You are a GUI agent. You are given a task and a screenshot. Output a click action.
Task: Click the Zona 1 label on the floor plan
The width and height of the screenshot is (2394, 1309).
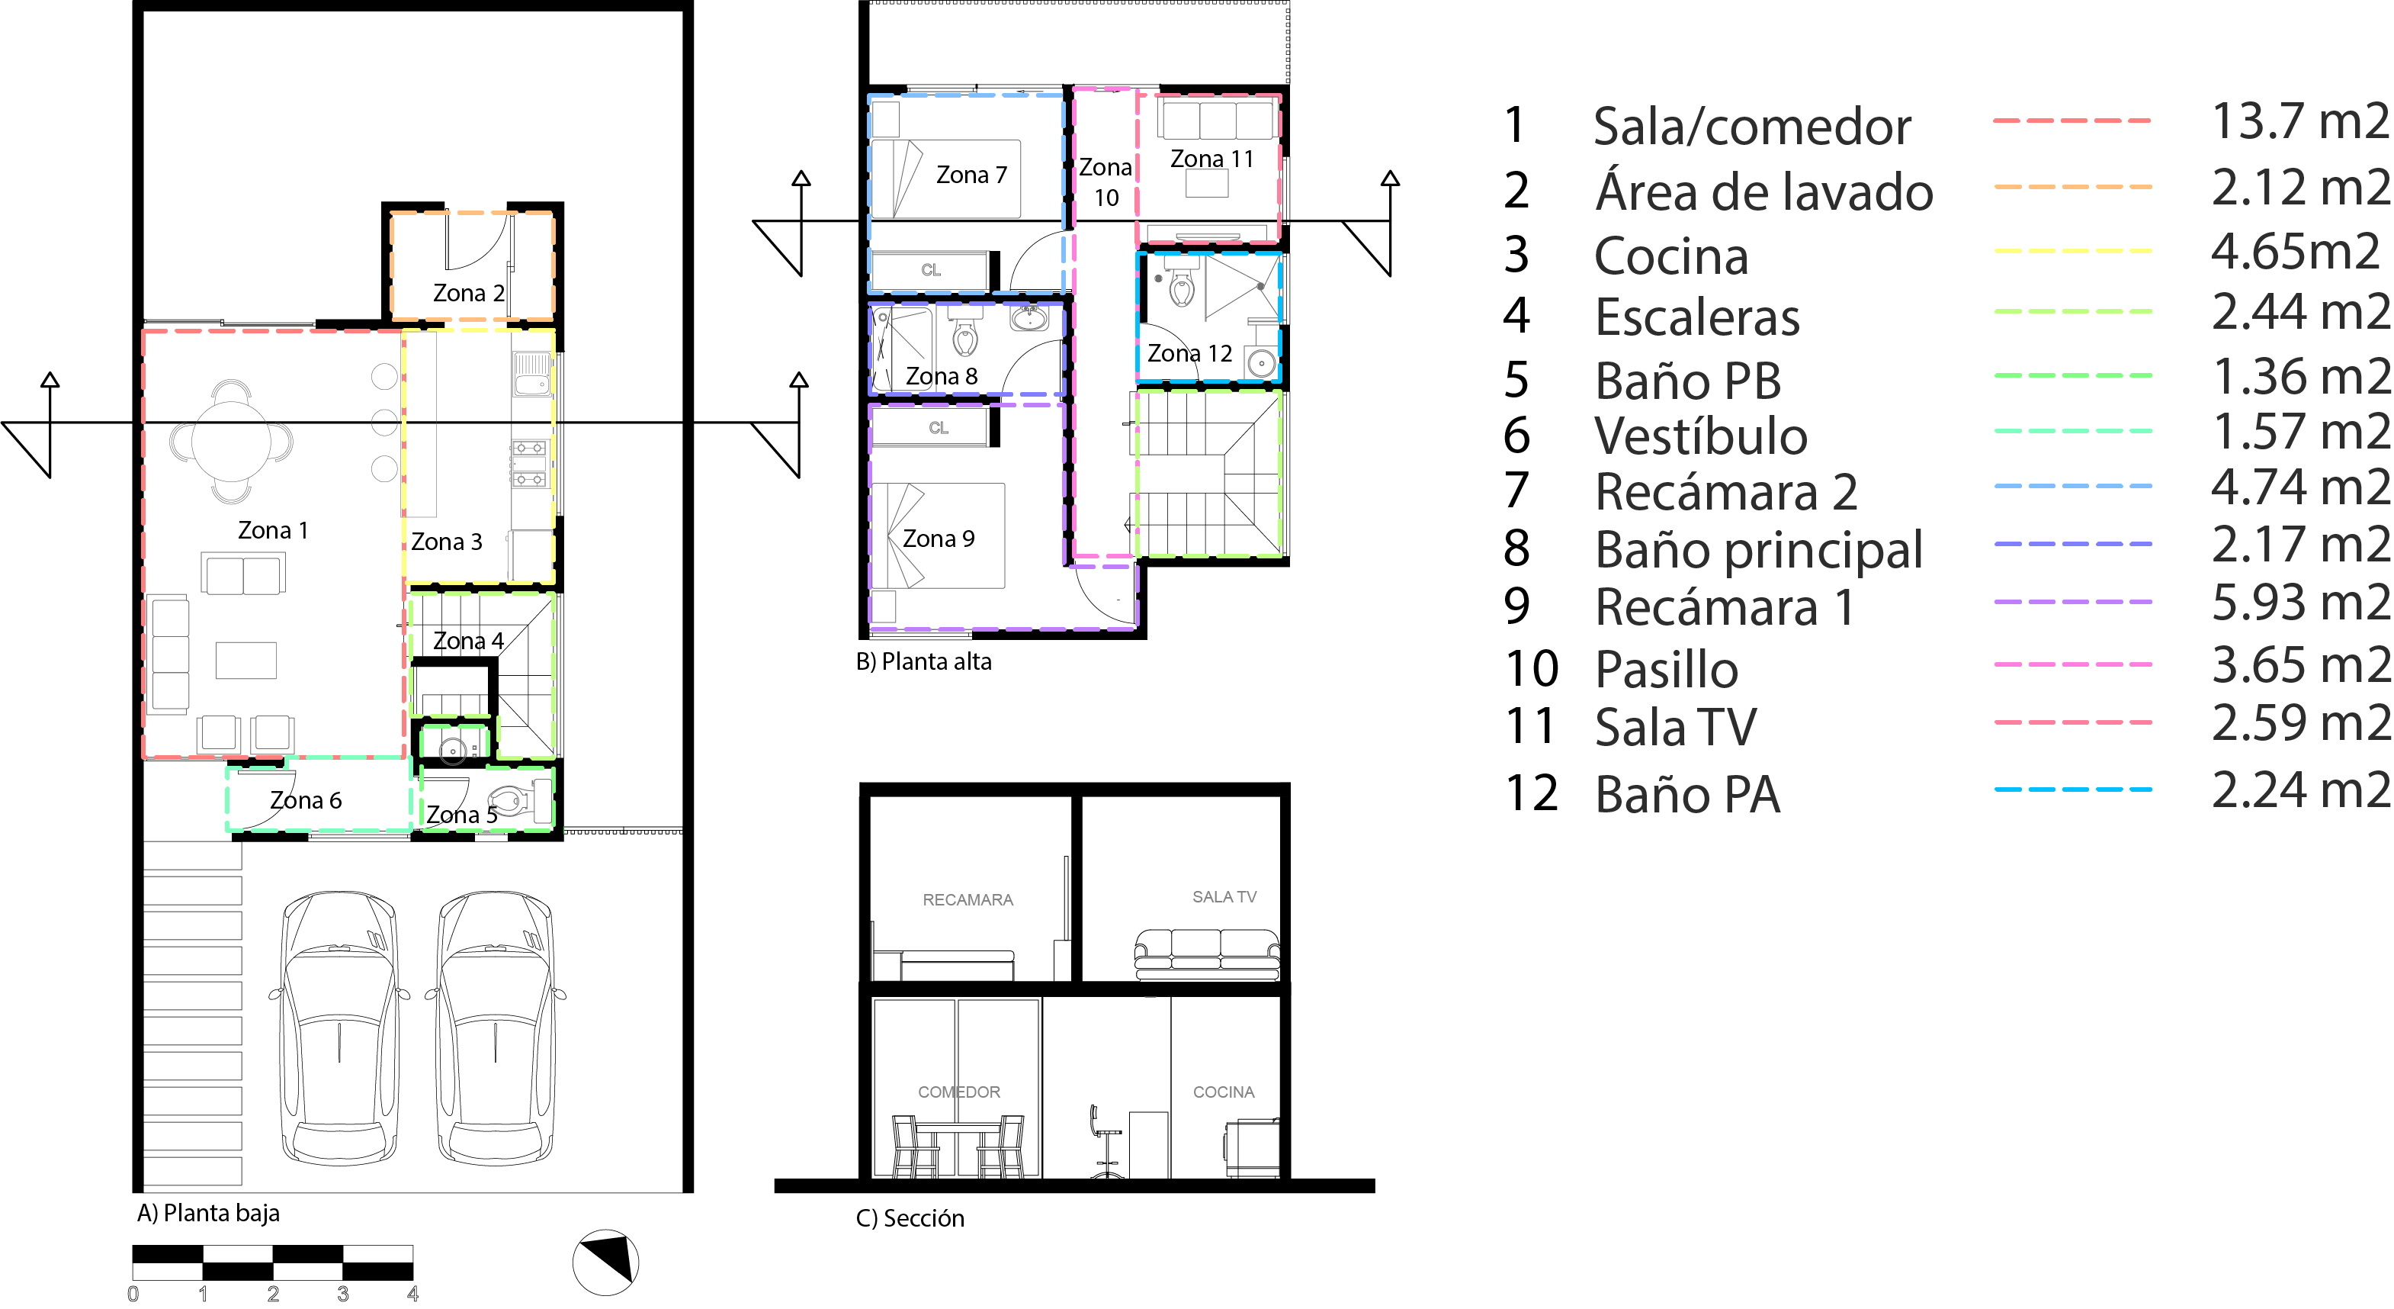coord(272,530)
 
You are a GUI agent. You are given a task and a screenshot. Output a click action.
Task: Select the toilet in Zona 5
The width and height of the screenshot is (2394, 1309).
coord(511,799)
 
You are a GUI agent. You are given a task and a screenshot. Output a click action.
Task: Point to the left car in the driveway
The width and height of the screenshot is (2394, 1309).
coord(339,1028)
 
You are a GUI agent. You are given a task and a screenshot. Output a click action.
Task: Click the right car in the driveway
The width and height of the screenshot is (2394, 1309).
coord(496,1028)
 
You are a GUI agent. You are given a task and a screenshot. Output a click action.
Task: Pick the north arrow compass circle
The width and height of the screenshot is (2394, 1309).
coord(605,1262)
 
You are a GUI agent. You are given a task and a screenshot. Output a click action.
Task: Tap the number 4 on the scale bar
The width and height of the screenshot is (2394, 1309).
coord(412,1294)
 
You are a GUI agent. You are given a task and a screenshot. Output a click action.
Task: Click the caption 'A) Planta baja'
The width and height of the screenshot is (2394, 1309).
coord(208,1213)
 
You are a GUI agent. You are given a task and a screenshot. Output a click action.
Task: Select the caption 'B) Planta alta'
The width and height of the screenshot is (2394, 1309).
coord(924,662)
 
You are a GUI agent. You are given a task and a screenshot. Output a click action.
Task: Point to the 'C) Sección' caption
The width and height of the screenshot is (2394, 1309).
coord(910,1218)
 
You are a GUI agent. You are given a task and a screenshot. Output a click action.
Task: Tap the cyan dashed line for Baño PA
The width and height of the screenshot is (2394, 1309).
coord(2072,790)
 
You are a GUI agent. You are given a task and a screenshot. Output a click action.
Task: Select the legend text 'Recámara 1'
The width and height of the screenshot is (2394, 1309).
coord(1725,607)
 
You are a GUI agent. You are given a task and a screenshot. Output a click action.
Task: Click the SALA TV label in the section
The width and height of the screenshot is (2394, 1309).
coord(1224,896)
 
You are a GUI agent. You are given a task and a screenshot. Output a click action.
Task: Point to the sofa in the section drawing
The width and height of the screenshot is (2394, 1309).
coord(1206,954)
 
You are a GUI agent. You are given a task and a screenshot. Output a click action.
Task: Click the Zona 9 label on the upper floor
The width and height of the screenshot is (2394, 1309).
coord(939,539)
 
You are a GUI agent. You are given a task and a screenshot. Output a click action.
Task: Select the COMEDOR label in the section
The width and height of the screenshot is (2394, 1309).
coord(959,1092)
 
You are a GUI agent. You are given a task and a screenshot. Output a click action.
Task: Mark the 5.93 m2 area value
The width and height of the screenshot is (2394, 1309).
coord(2299,603)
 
